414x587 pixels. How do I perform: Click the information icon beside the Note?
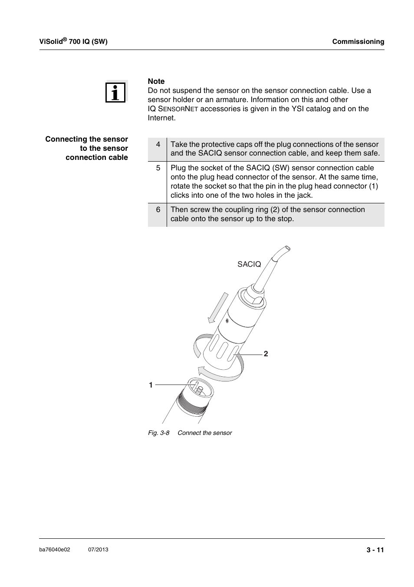tap(115, 92)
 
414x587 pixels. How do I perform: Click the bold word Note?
tap(156, 81)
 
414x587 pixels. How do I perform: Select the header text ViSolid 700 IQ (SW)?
tap(73, 41)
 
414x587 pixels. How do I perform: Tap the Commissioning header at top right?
tap(358, 42)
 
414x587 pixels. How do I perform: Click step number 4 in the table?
tap(158, 144)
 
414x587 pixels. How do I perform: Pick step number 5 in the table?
tap(158, 168)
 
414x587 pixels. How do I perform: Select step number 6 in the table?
tap(158, 209)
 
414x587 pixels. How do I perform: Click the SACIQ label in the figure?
tap(249, 264)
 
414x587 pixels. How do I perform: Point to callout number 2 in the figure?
tap(266, 354)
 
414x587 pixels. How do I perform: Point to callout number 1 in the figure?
tap(151, 385)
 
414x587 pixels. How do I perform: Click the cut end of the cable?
tap(286, 249)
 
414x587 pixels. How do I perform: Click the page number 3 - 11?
tap(375, 550)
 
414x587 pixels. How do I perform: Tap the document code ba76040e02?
tap(55, 550)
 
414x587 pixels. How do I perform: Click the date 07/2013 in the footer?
tap(98, 550)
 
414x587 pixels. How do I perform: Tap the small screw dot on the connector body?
tap(227, 321)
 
